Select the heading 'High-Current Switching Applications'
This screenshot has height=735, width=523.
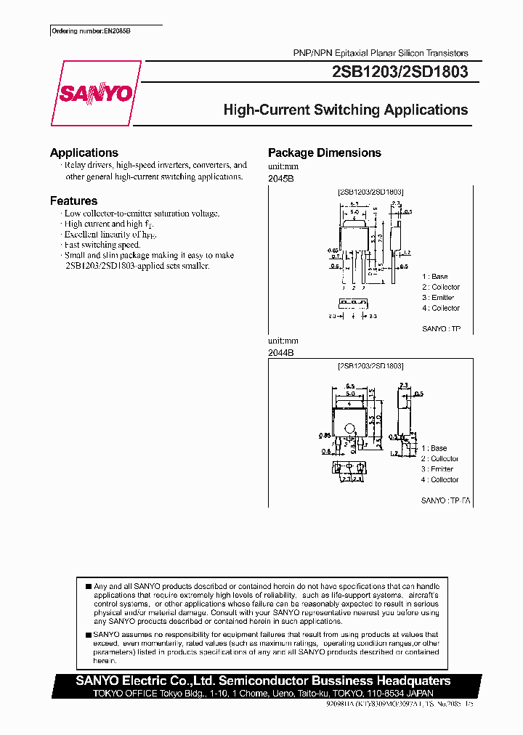tap(345, 110)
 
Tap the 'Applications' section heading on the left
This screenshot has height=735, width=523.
tap(84, 153)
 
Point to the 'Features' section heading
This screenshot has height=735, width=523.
tap(73, 200)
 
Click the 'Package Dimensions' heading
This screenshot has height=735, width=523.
tap(324, 153)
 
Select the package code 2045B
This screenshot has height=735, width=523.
tap(280, 178)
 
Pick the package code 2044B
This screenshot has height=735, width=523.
tap(280, 352)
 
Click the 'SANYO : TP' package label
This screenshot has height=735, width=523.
tap(441, 329)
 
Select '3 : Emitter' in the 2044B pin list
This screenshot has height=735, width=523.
tap(437, 469)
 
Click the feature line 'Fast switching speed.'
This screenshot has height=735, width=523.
tap(102, 245)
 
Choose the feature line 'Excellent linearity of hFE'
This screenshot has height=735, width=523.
tap(110, 235)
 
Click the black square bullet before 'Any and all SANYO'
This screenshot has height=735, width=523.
tap(88, 586)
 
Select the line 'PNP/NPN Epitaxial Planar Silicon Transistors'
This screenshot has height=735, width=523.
tap(381, 53)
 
